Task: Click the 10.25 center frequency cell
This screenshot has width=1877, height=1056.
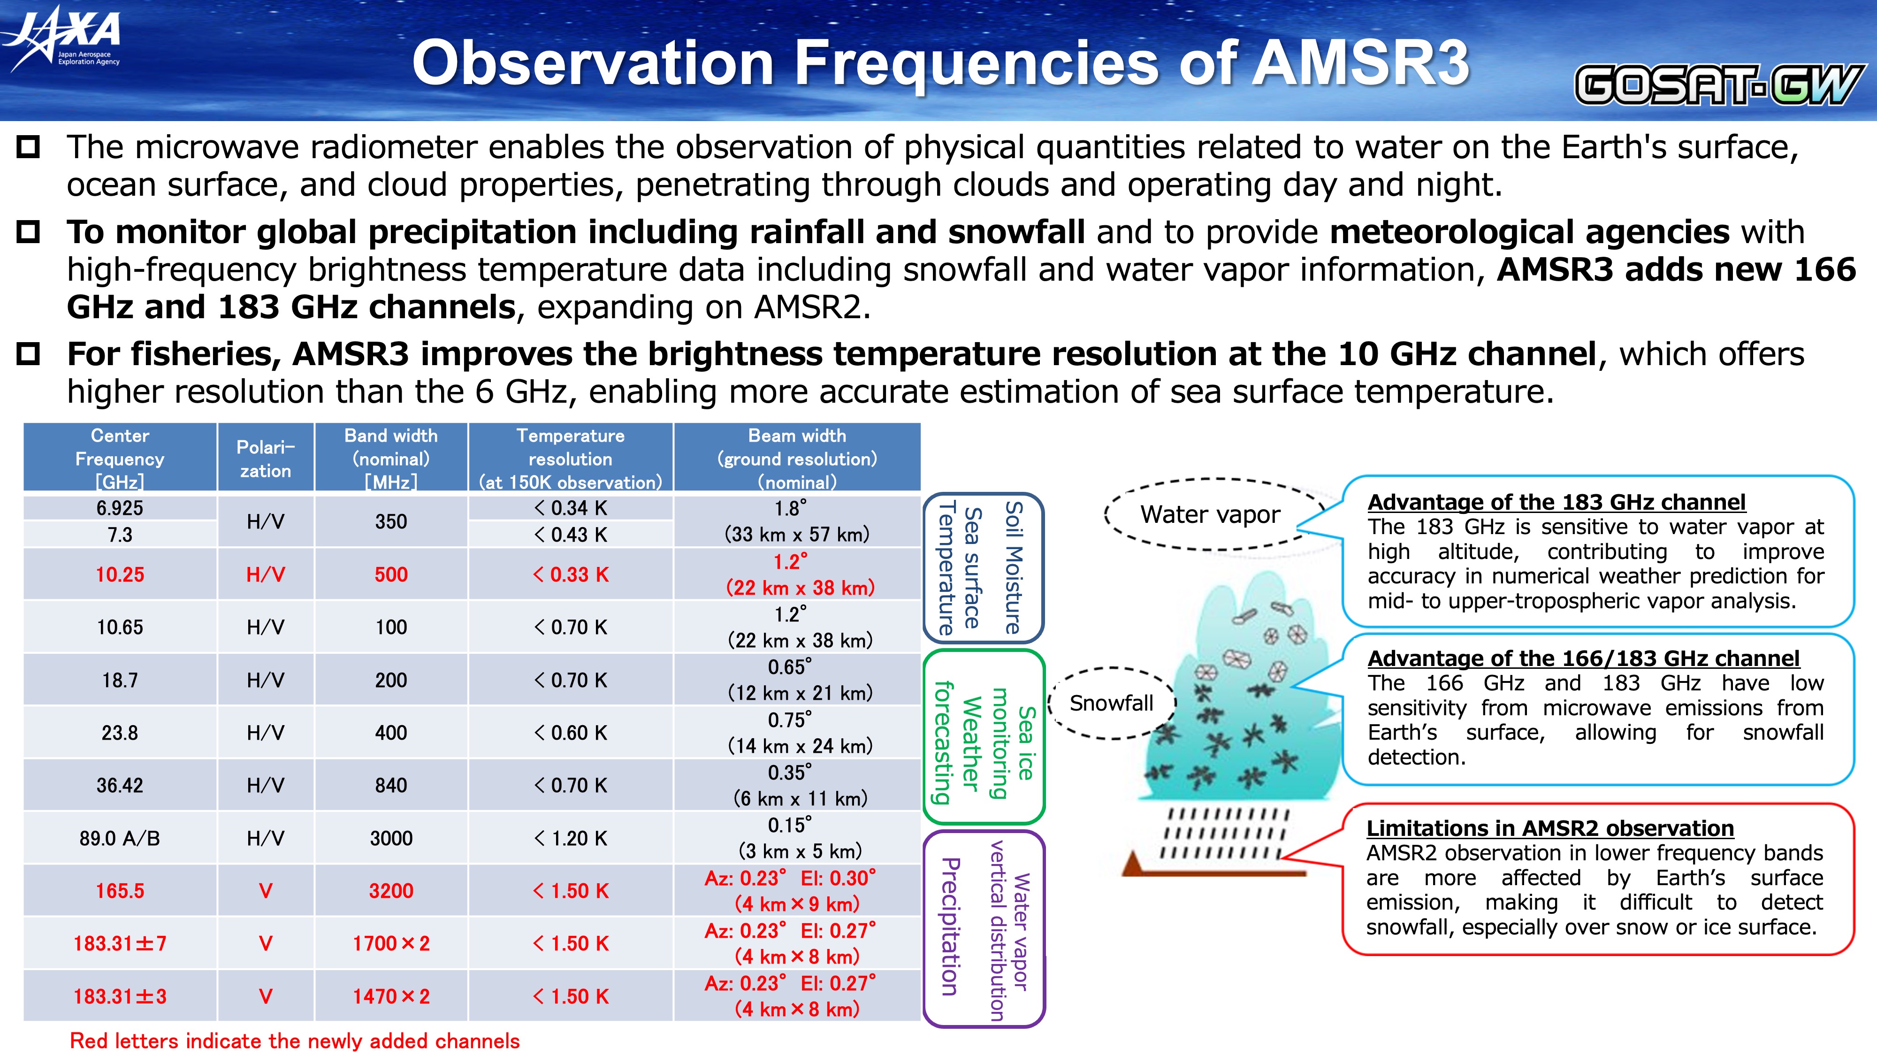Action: tap(120, 574)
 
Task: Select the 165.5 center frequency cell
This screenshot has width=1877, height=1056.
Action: tap(120, 891)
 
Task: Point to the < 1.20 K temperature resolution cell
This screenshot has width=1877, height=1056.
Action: tap(571, 838)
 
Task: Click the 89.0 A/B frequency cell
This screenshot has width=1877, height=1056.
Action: tap(120, 838)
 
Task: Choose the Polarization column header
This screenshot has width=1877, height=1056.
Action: tap(265, 459)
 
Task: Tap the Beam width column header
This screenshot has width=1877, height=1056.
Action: tap(797, 459)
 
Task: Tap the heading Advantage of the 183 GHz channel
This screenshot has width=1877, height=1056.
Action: tap(1557, 502)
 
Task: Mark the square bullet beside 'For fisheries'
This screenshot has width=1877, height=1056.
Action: tap(29, 354)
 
